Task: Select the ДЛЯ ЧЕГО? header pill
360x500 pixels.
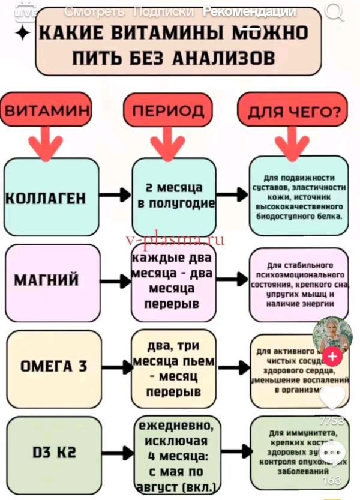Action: pos(293,112)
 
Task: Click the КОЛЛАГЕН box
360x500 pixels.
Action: pos(51,197)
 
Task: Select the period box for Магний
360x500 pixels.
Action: pos(174,281)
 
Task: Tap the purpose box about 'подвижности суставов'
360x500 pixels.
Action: pos(298,196)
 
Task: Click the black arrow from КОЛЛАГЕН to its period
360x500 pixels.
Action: pos(115,196)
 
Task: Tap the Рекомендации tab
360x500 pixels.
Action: pos(249,11)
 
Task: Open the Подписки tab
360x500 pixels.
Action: pos(163,11)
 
